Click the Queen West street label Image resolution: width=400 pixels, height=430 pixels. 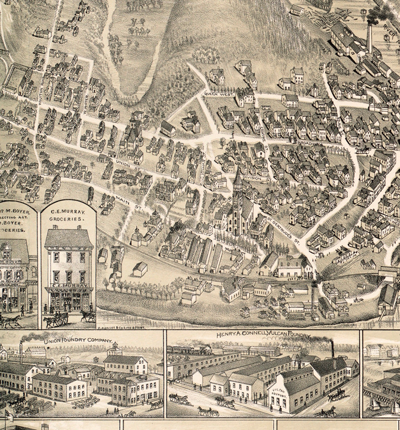coord(219,94)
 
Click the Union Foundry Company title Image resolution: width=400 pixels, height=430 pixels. coord(78,341)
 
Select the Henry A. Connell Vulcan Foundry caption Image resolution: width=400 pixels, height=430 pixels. coord(263,335)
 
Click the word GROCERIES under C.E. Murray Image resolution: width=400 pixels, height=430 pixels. coord(66,219)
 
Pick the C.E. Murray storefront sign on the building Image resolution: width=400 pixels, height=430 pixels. coord(69,286)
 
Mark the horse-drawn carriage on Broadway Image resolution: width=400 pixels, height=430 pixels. coord(362,150)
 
